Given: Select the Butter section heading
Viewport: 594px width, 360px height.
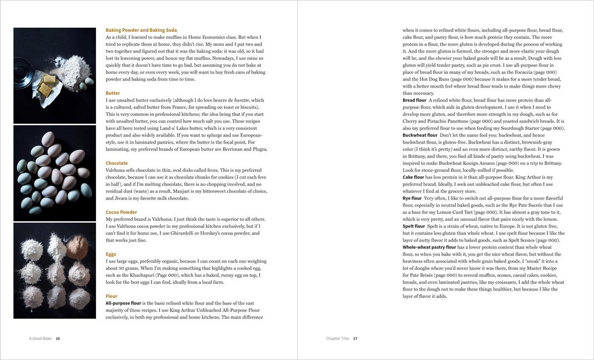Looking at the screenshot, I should [113, 93].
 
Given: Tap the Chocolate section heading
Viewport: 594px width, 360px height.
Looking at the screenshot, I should [117, 163].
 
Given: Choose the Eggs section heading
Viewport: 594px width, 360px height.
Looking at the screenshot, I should [111, 254].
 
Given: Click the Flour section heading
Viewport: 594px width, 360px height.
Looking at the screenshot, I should [111, 296].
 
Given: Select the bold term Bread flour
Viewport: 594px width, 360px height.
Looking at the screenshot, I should [414, 100].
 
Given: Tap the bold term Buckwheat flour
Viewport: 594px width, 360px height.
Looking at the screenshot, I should [420, 135].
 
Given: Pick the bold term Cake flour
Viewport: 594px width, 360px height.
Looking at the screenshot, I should [413, 177].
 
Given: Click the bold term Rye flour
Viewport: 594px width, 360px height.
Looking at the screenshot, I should [412, 198].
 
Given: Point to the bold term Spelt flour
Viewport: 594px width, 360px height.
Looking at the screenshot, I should [414, 226].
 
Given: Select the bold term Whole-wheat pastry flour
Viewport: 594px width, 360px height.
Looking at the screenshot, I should [429, 247].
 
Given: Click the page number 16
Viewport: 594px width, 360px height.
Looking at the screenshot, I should [58, 339].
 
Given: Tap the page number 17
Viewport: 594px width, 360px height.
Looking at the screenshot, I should [355, 339].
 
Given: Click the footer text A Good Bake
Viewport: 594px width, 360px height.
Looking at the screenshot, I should [40, 339].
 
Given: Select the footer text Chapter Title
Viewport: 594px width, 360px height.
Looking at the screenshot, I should [337, 339].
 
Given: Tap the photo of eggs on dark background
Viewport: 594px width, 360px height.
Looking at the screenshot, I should [54, 173].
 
